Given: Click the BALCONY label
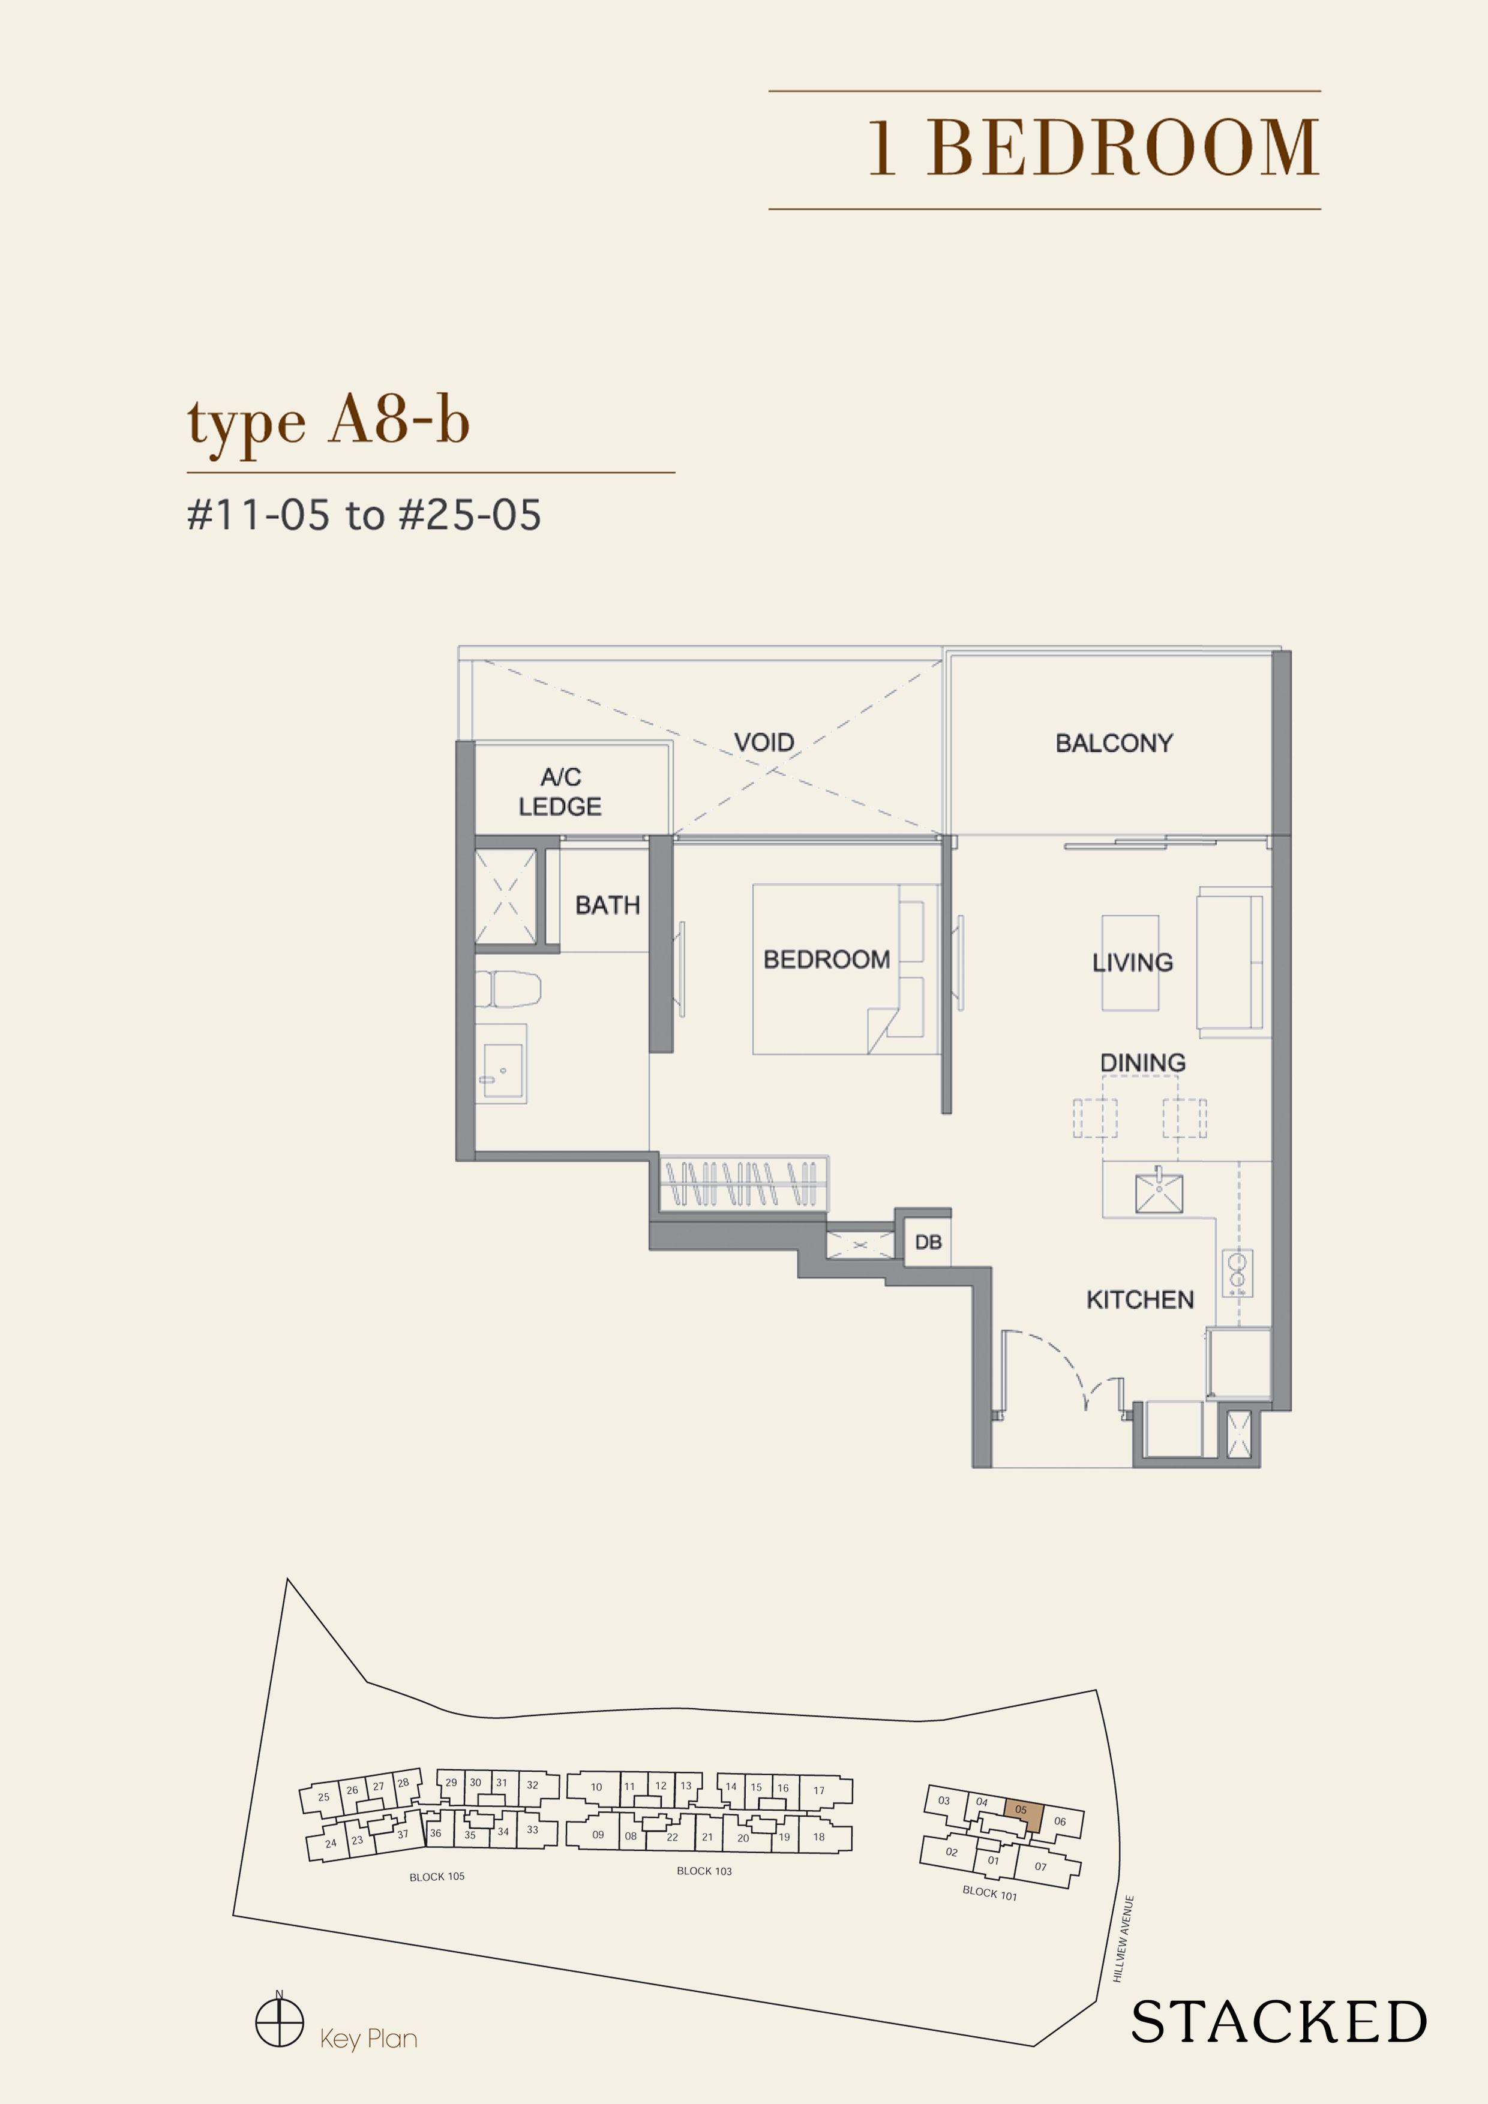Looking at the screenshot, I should tap(1114, 743).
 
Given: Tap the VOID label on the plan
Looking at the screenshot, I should tap(764, 743).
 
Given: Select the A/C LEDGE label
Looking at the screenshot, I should tap(560, 792).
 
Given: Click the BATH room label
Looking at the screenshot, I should tap(607, 906).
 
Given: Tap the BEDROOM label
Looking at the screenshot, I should tap(826, 960).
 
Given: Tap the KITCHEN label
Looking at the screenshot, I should tap(1139, 1300).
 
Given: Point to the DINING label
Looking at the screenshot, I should tap(1142, 1063).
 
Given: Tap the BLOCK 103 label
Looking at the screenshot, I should tap(704, 1871).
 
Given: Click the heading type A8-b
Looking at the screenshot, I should tap(328, 422).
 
